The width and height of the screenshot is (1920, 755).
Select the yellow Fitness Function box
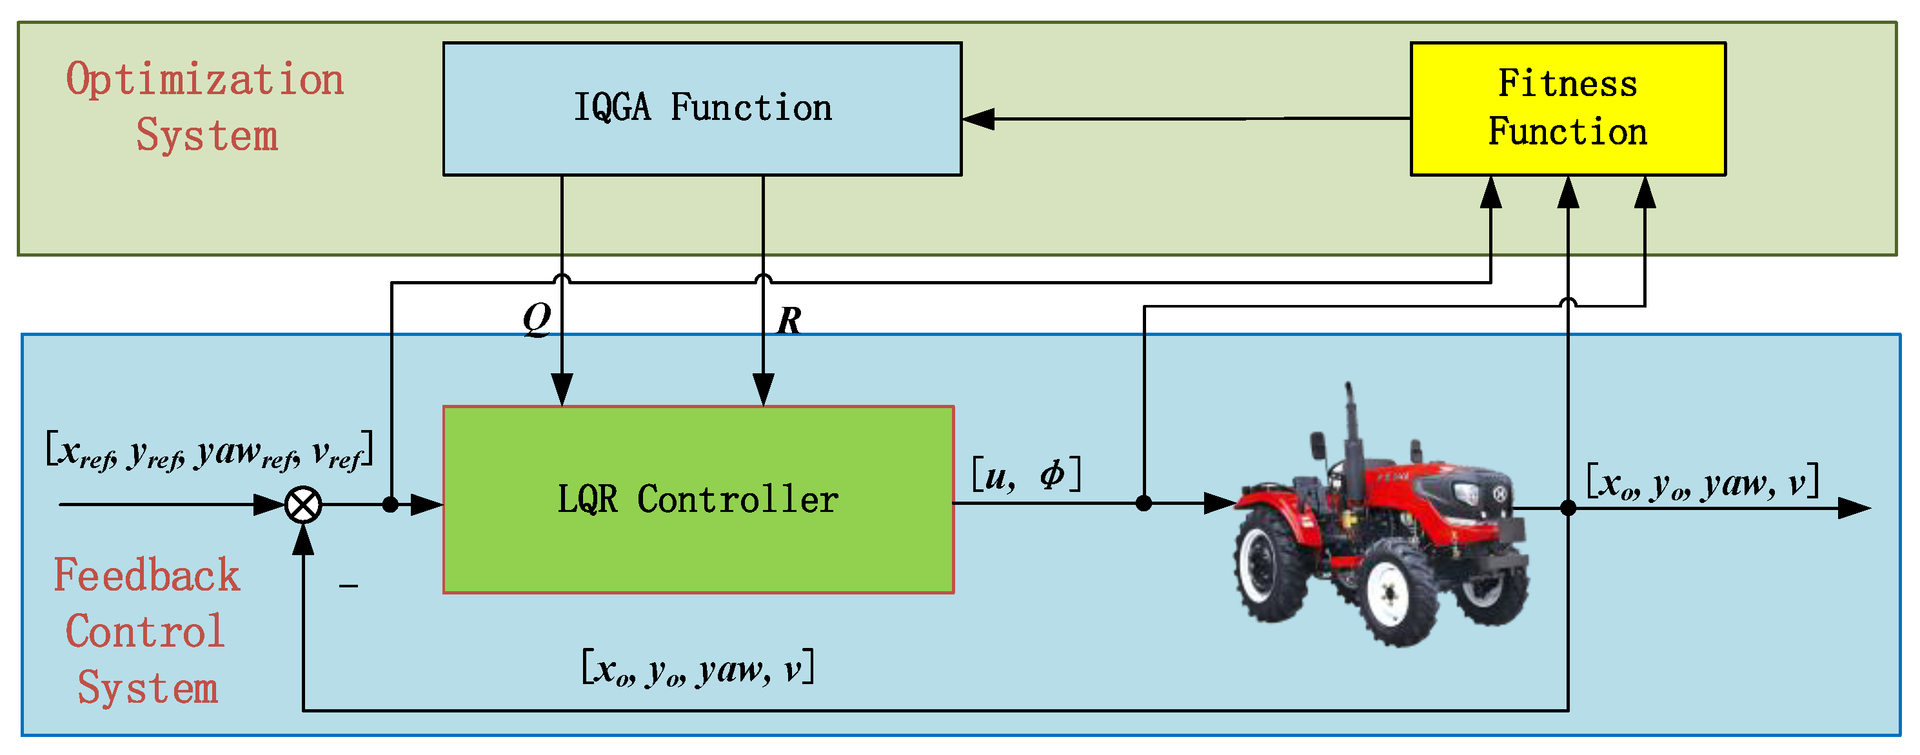tap(1567, 109)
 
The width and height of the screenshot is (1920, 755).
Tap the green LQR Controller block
tap(698, 500)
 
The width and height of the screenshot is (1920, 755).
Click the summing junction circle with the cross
tap(303, 505)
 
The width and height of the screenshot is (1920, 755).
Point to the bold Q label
tap(537, 319)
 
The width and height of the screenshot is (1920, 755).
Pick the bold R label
tap(789, 321)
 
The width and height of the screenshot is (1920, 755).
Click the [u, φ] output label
tap(1026, 475)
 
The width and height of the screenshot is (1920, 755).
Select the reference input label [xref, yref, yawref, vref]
tap(209, 451)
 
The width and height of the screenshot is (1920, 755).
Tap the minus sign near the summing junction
tap(348, 586)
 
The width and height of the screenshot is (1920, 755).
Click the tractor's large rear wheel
tap(1271, 564)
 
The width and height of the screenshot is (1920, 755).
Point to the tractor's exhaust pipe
tap(1351, 425)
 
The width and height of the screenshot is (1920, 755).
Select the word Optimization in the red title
tap(205, 80)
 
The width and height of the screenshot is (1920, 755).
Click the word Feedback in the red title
tap(147, 575)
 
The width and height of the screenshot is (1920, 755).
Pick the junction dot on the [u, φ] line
tap(1144, 504)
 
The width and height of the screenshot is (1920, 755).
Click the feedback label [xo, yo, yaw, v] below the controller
tap(698, 668)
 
